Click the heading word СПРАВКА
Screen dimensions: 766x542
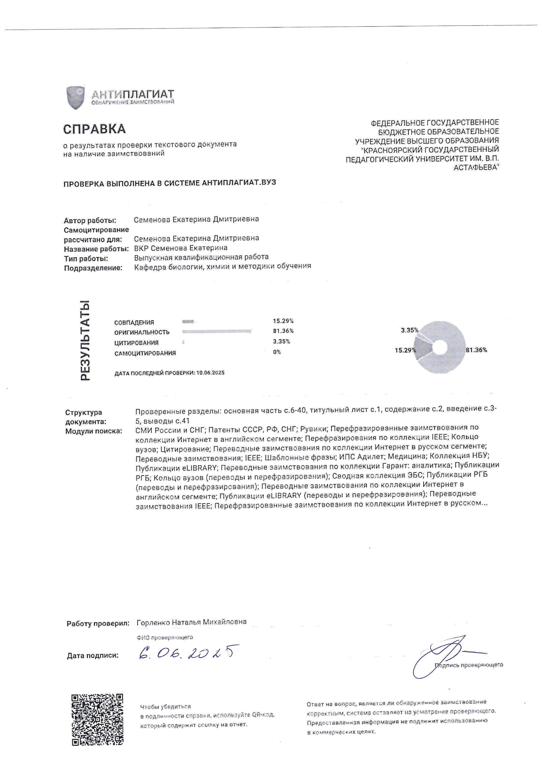[x=94, y=129]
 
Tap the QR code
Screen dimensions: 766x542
[x=97, y=719]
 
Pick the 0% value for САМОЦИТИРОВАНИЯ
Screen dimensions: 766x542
[x=277, y=352]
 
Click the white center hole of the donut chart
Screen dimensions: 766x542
[x=440, y=348]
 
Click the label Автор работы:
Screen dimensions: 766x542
[x=90, y=221]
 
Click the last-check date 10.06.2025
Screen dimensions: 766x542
[x=210, y=373]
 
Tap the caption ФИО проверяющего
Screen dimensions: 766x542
[x=165, y=638]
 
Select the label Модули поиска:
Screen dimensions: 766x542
[x=94, y=431]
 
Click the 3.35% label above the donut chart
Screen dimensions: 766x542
[x=410, y=330]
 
